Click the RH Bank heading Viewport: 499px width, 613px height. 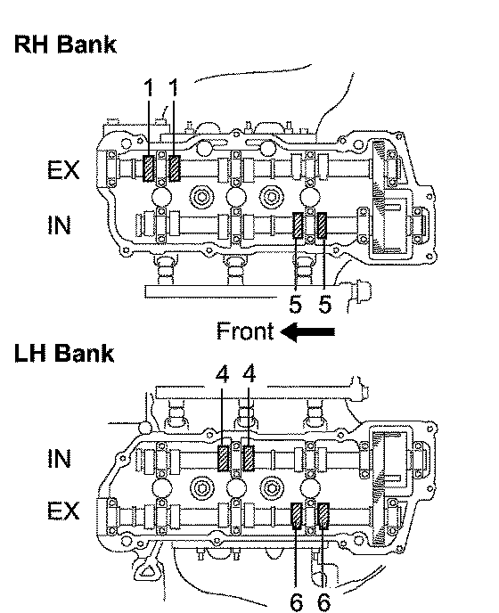coord(65,44)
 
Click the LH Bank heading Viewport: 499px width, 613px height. coord(64,353)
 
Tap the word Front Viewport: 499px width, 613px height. coord(245,331)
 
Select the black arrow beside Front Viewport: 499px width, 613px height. coord(307,332)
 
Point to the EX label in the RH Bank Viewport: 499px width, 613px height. coord(63,170)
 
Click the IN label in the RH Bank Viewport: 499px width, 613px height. coord(59,225)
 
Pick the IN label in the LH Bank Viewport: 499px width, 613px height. coord(59,458)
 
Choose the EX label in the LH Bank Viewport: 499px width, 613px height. coord(63,511)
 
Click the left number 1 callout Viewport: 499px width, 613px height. coord(148,87)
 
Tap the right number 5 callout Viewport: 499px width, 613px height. coord(324,304)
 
